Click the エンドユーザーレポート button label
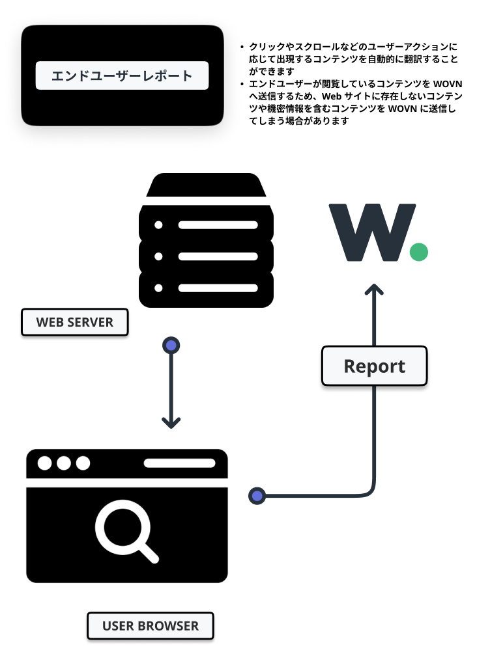pos(122,75)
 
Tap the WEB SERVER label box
pos(75,322)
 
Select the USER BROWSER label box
pos(151,626)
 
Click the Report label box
pos(375,366)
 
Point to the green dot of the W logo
pos(418,252)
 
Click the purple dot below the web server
pos(171,345)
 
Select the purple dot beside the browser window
pos(257,496)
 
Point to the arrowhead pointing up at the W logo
pos(375,290)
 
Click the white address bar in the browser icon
pos(179,463)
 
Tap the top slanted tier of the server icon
pos(206,185)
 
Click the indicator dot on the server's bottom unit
pos(158,288)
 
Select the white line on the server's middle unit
pos(218,256)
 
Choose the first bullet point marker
pos(242,47)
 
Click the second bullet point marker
pos(242,85)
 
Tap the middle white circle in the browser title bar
pos(64,463)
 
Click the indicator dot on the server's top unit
pos(158,225)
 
